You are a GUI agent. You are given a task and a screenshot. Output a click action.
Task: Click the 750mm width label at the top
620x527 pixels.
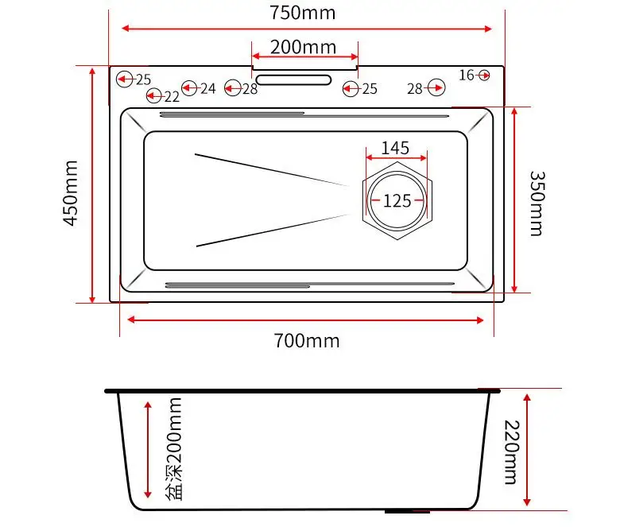302,13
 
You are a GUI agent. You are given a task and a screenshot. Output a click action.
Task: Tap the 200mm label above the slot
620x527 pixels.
303,46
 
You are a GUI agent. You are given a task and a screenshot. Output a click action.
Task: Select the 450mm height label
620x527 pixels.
72,192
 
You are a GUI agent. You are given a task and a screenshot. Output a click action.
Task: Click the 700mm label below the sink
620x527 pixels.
306,341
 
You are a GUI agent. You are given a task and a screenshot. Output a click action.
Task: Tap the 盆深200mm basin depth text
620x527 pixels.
174,449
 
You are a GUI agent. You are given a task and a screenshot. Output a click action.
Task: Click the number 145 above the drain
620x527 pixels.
395,148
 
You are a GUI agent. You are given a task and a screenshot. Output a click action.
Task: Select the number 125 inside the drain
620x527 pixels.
397,200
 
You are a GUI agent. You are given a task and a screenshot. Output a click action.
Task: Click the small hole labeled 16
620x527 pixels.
484,75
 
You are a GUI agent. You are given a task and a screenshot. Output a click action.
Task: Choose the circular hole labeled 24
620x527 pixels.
189,88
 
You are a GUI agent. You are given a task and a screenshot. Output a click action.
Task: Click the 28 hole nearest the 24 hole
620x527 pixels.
232,88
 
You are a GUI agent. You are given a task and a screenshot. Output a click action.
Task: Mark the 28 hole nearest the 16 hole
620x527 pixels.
436,88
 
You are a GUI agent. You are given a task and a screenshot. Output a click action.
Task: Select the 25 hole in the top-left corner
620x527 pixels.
125,79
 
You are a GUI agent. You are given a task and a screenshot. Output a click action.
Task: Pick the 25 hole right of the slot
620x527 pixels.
351,88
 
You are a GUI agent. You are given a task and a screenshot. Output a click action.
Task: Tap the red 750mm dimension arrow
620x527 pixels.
306,29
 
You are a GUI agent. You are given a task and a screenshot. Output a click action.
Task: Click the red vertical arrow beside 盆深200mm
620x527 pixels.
148,449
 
